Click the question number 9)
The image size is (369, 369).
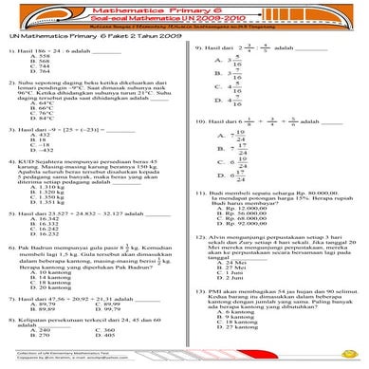point(197,45)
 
